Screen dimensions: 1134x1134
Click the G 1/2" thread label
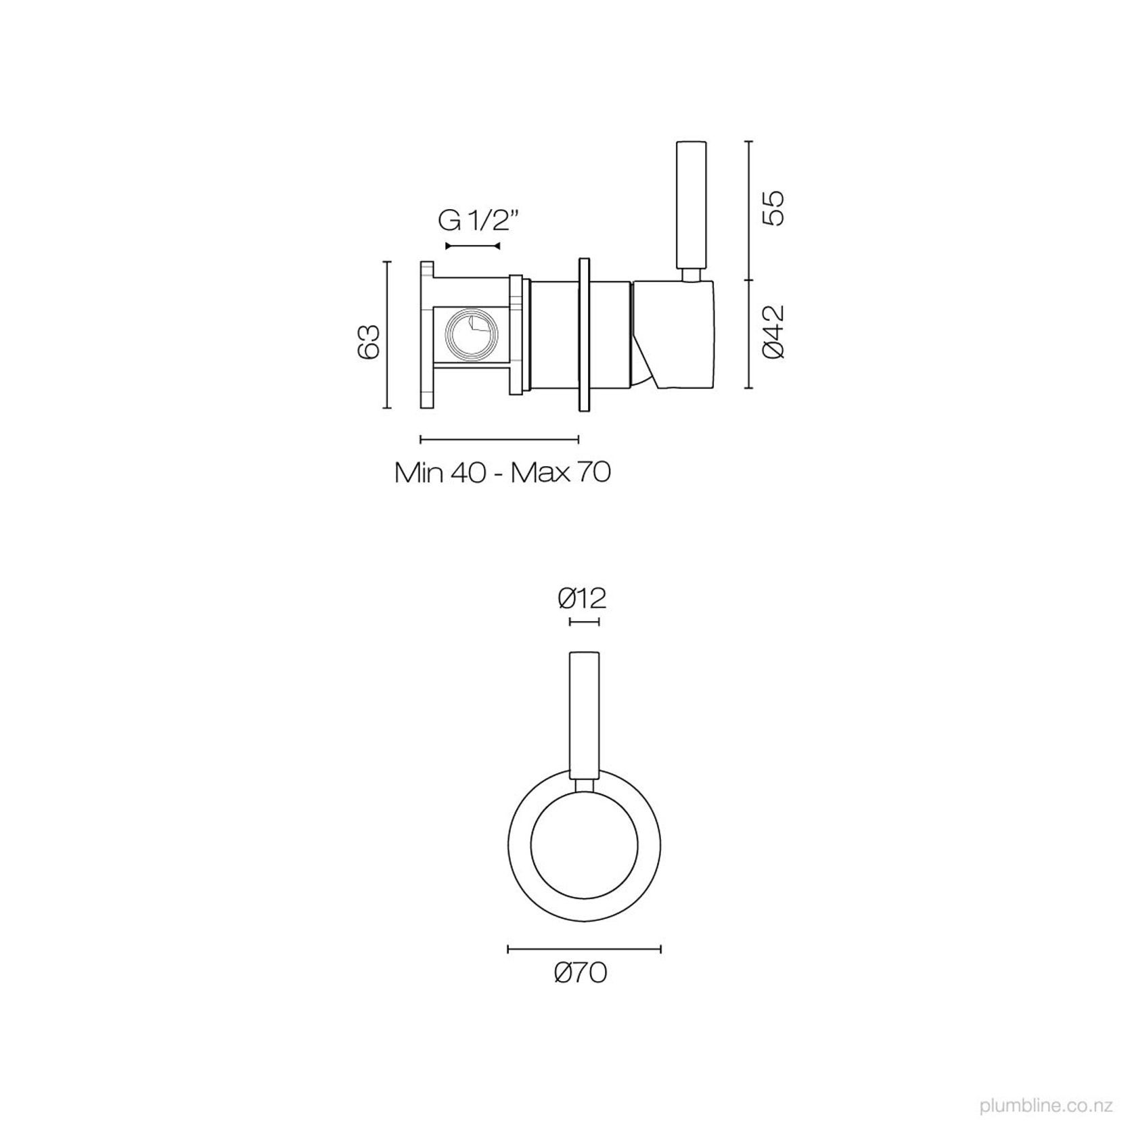(478, 221)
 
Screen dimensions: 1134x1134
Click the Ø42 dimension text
(772, 332)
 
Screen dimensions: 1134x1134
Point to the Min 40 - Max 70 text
(503, 472)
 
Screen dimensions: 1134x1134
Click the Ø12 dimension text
(582, 597)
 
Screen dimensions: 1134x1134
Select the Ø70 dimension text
(581, 973)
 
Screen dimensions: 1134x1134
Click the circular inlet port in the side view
(471, 334)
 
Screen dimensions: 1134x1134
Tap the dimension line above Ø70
(584, 949)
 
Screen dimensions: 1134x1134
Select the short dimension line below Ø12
(585, 621)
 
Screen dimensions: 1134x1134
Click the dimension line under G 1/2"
(472, 246)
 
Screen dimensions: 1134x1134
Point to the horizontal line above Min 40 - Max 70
(499, 439)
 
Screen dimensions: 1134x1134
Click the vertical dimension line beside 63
(387, 335)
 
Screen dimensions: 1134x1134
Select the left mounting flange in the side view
(426, 335)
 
